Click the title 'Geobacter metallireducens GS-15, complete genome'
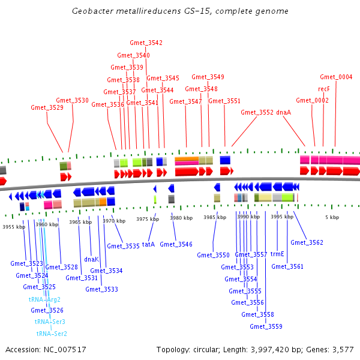click(180, 11)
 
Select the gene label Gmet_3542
click(146, 43)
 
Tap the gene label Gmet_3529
click(47, 108)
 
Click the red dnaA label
click(284, 112)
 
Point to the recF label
click(324, 89)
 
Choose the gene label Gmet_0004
click(336, 77)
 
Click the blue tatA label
click(148, 244)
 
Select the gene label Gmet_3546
click(176, 244)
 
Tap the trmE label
click(277, 254)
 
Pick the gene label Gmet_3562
click(307, 242)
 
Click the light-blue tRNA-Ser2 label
click(52, 334)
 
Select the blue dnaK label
click(91, 259)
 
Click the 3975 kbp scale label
click(146, 219)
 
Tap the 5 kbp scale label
click(332, 217)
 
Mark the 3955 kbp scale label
click(13, 227)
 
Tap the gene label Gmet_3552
click(257, 112)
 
